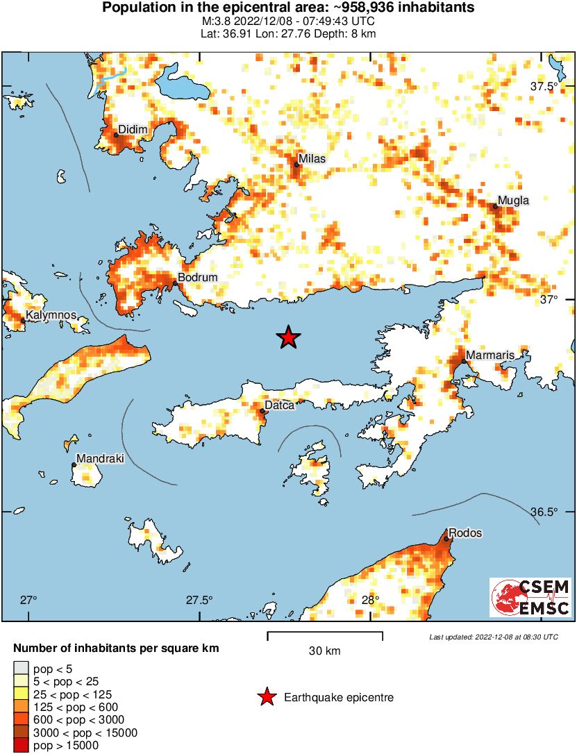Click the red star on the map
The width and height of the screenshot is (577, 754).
(x=288, y=337)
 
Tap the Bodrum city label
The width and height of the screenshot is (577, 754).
(x=198, y=278)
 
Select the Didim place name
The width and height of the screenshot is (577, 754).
(x=132, y=129)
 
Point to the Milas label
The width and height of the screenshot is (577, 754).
(x=312, y=158)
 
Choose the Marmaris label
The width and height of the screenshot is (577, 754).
(x=490, y=355)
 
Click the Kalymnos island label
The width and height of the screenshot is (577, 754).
(x=51, y=315)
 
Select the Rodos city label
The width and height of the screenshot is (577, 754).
(x=465, y=533)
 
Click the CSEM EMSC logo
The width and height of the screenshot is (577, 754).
(x=530, y=598)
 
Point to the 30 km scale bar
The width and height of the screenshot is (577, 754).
(x=325, y=633)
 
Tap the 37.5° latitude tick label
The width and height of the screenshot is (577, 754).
(x=544, y=87)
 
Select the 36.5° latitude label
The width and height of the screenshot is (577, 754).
(x=544, y=512)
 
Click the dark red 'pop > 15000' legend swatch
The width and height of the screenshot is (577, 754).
(x=21, y=746)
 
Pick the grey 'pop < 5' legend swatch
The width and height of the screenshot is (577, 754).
(x=21, y=669)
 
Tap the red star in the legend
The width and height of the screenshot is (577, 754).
(x=265, y=697)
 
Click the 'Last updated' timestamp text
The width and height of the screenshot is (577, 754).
(x=494, y=637)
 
